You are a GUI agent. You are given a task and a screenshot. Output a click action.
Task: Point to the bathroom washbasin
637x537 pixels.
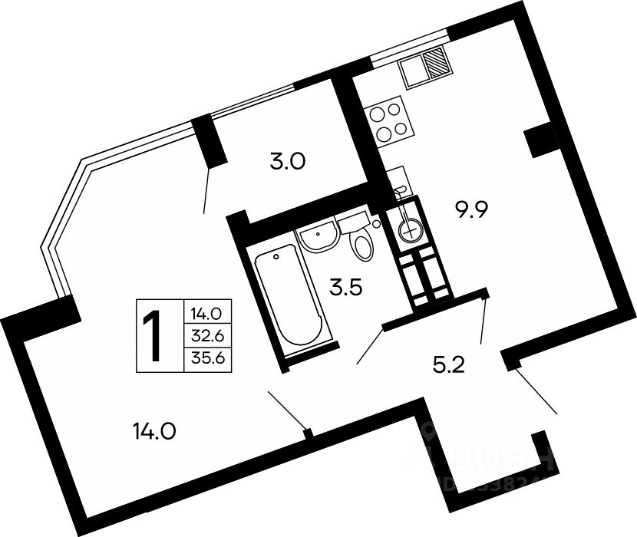tap(317, 237)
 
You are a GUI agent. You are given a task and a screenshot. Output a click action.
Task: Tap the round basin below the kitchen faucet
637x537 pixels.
tap(409, 225)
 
